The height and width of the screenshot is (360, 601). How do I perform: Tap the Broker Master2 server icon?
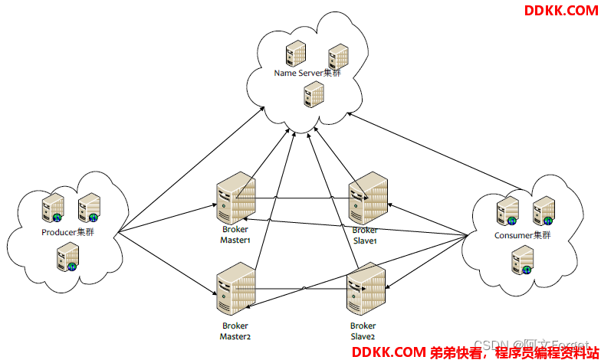(x=235, y=290)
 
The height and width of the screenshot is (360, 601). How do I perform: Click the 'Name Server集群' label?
(x=307, y=73)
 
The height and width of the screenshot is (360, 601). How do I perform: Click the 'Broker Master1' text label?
(x=235, y=234)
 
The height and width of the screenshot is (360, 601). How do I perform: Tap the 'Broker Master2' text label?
(x=235, y=331)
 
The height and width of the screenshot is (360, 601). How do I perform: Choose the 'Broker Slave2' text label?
(x=363, y=331)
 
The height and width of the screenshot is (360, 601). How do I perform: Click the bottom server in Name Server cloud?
(x=313, y=93)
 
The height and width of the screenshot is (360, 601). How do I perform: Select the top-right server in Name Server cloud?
(x=338, y=56)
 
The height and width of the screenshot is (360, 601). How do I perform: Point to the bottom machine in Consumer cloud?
(x=522, y=260)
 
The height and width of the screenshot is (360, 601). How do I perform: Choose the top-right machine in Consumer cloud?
(x=544, y=209)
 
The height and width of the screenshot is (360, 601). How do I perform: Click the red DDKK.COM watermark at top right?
(x=560, y=10)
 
